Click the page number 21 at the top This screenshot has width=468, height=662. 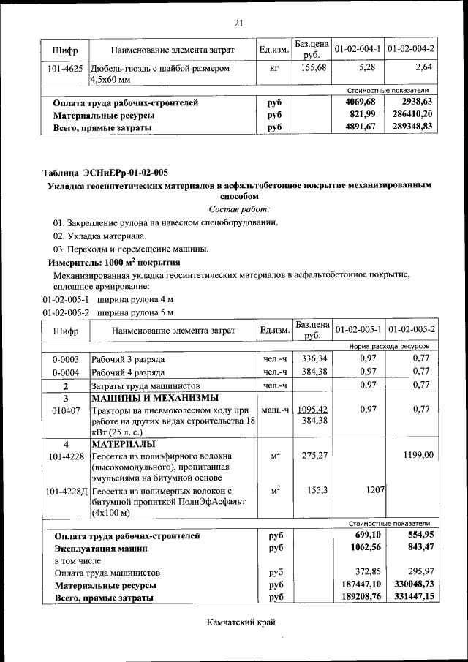[x=238, y=23]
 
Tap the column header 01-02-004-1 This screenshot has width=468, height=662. [x=358, y=49]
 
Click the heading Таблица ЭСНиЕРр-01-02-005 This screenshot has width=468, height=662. [x=105, y=173]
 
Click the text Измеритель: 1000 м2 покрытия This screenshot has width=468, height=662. [x=114, y=262]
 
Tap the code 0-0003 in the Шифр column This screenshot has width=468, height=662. [x=65, y=359]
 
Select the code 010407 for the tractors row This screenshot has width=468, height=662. [x=65, y=410]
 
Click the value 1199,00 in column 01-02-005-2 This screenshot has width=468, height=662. [x=418, y=455]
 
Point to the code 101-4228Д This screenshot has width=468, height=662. [x=67, y=491]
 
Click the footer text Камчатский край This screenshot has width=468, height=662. [x=238, y=622]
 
